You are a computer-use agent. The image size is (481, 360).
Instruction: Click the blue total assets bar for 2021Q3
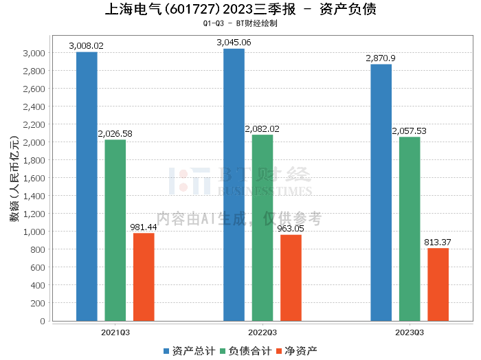pyautogui.click(x=87, y=186)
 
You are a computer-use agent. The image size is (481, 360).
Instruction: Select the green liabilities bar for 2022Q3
pyautogui.click(x=262, y=228)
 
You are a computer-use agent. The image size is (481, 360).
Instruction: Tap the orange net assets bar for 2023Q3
pyautogui.click(x=438, y=284)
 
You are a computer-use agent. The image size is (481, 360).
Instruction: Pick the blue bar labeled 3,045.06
pyautogui.click(x=234, y=185)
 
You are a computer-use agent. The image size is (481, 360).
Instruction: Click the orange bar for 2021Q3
pyautogui.click(x=144, y=277)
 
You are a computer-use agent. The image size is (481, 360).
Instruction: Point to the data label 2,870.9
pyautogui.click(x=381, y=58)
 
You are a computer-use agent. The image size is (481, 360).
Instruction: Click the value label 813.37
pyautogui.click(x=438, y=243)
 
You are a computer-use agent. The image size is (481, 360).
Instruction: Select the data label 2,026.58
pyautogui.click(x=115, y=134)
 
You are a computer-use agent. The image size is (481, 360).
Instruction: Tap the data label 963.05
pyautogui.click(x=291, y=229)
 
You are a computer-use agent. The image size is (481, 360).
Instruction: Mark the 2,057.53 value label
pyautogui.click(x=410, y=131)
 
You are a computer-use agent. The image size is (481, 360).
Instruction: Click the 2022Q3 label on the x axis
pyautogui.click(x=262, y=333)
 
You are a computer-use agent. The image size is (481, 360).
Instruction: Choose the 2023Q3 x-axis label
pyautogui.click(x=410, y=333)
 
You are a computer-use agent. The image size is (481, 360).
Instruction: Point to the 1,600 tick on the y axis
pyautogui.click(x=34, y=178)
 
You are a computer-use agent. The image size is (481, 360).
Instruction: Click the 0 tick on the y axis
pyautogui.click(x=43, y=321)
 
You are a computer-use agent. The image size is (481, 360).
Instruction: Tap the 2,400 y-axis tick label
pyautogui.click(x=34, y=106)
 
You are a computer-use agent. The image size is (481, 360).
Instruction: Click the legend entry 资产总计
pyautogui.click(x=189, y=351)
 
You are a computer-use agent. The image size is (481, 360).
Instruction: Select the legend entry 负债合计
pyautogui.click(x=246, y=351)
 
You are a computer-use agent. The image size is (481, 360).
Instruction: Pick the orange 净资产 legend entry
pyautogui.click(x=297, y=351)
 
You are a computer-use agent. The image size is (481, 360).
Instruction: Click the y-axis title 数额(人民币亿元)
pyautogui.click(x=14, y=178)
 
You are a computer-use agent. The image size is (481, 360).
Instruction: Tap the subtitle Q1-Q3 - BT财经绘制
pyautogui.click(x=240, y=23)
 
